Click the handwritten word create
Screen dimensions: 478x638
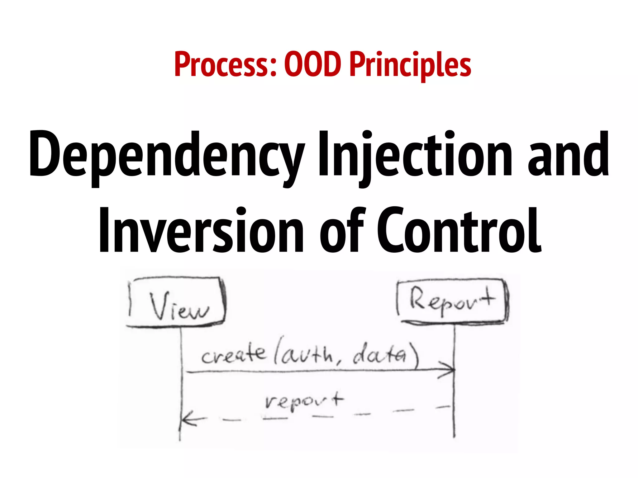click(234, 355)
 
